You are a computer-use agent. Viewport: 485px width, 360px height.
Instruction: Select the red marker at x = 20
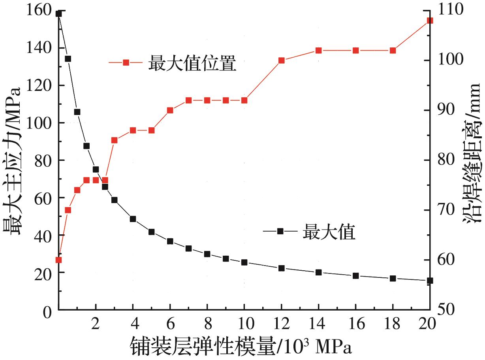pos(430,21)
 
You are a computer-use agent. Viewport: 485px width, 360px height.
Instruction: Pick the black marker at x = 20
pos(430,281)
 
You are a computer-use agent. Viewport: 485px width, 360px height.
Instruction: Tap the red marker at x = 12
pos(282,60)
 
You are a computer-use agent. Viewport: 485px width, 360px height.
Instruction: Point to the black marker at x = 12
pos(282,268)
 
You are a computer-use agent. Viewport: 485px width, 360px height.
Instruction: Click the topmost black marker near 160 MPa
pos(58,14)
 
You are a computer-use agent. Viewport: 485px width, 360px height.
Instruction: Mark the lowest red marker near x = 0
pos(58,260)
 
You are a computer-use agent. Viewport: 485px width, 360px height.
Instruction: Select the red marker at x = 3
pos(114,140)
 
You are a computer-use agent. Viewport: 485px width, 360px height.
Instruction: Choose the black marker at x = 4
pos(133,219)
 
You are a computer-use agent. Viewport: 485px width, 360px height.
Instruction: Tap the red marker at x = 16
pos(356,51)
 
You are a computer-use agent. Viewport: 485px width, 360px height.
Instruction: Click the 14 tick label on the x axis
pos(318,325)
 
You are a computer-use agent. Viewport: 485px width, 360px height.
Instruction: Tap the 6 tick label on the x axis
pos(170,325)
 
